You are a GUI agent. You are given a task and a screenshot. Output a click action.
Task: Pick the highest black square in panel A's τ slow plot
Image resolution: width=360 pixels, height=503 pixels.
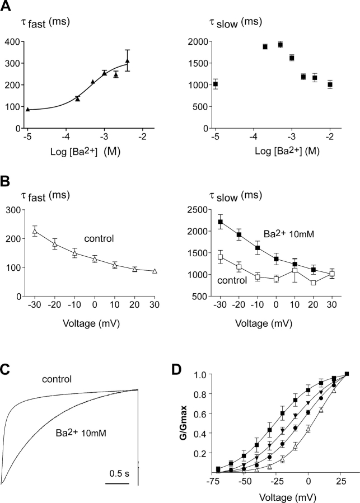coord(280,45)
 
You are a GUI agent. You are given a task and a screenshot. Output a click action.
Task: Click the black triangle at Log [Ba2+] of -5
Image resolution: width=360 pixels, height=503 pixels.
coord(27,109)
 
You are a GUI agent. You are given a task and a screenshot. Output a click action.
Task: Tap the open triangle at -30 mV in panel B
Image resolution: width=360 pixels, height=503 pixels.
coord(35,231)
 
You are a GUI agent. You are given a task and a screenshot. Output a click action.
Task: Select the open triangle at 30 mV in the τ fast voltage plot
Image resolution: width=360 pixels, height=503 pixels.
coord(155,271)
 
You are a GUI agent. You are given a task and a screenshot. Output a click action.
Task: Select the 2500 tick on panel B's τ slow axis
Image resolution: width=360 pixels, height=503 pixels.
coord(198,209)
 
